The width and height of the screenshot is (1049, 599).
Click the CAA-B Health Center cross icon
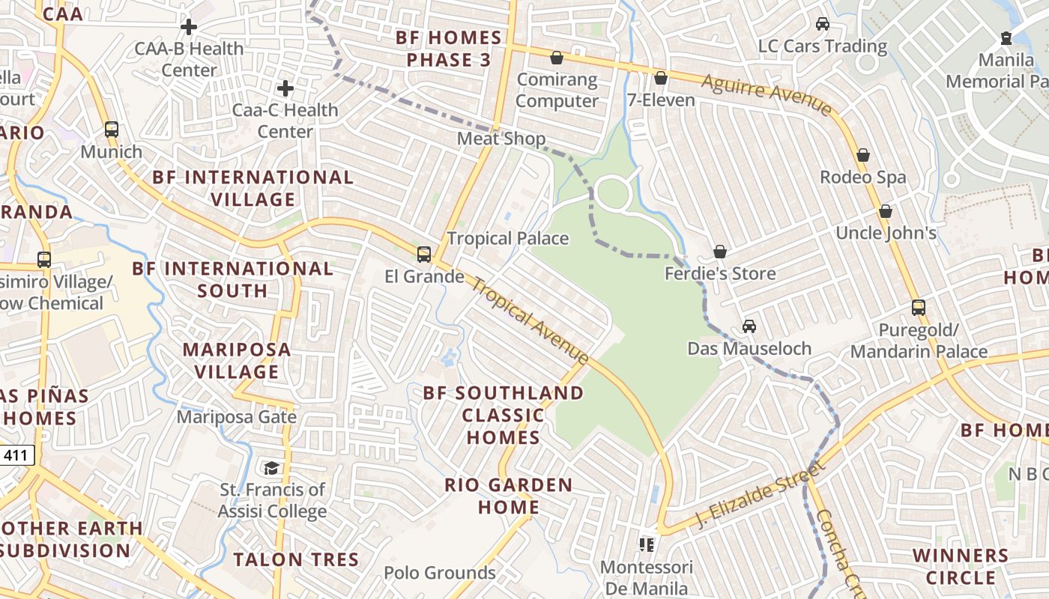click(x=189, y=28)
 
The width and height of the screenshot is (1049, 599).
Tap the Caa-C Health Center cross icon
click(x=285, y=88)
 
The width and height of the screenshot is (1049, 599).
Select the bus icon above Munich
click(x=112, y=130)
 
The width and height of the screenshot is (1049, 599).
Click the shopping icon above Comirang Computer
click(x=557, y=58)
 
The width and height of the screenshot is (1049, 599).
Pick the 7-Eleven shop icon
click(x=661, y=78)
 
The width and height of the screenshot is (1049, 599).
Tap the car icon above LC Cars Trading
click(x=823, y=24)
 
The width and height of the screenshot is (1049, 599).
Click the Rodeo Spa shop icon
click(x=863, y=155)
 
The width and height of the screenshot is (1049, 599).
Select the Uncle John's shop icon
click(x=886, y=211)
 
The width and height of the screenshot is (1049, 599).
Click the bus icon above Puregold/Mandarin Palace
click(x=919, y=307)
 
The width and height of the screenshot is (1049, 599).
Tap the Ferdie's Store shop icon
click(x=720, y=252)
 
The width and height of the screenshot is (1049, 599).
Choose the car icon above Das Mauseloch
click(x=749, y=326)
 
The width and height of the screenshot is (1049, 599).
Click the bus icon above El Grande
click(x=424, y=255)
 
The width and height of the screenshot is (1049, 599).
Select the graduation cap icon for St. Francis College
click(x=271, y=468)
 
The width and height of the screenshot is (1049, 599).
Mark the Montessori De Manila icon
click(x=647, y=544)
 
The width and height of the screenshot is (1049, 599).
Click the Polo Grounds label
click(x=440, y=573)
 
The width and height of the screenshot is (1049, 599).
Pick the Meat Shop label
click(x=501, y=139)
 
